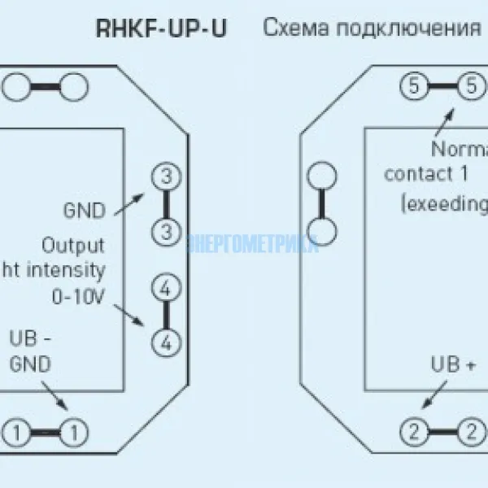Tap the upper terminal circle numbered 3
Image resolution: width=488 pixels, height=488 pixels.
(166, 176)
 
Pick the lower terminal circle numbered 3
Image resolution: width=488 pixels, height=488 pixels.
(166, 231)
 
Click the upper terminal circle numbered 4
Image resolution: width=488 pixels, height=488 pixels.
(166, 288)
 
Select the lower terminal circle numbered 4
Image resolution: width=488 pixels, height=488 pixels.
(166, 342)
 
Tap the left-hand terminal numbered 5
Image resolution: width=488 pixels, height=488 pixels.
(414, 85)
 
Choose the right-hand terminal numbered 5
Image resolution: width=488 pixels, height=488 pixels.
(470, 85)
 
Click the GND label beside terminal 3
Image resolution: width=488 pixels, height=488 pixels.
(84, 211)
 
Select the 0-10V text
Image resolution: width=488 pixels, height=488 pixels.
(78, 298)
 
